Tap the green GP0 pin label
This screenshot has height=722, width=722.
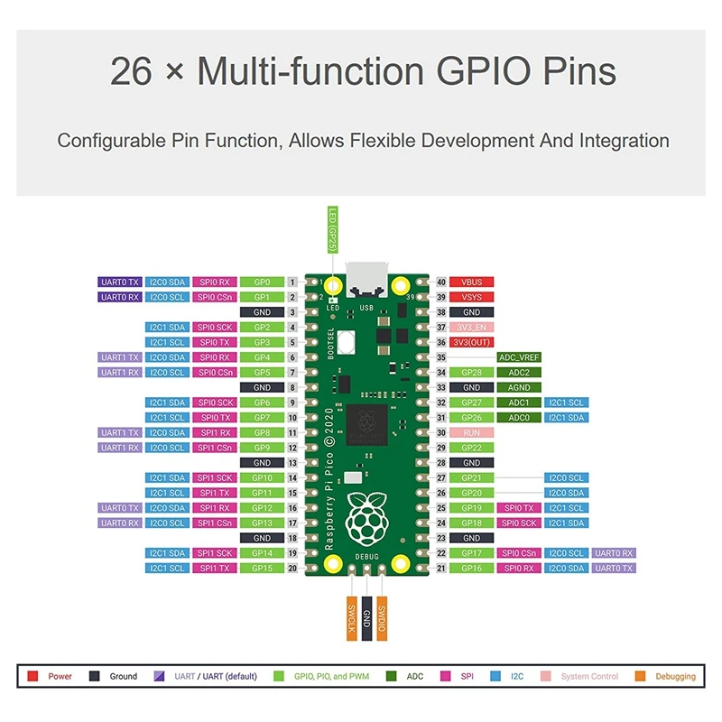click(262, 282)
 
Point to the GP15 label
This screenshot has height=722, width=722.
click(262, 568)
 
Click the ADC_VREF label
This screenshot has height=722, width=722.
click(519, 357)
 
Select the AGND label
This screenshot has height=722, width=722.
click(519, 387)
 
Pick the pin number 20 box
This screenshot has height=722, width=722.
click(292, 568)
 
